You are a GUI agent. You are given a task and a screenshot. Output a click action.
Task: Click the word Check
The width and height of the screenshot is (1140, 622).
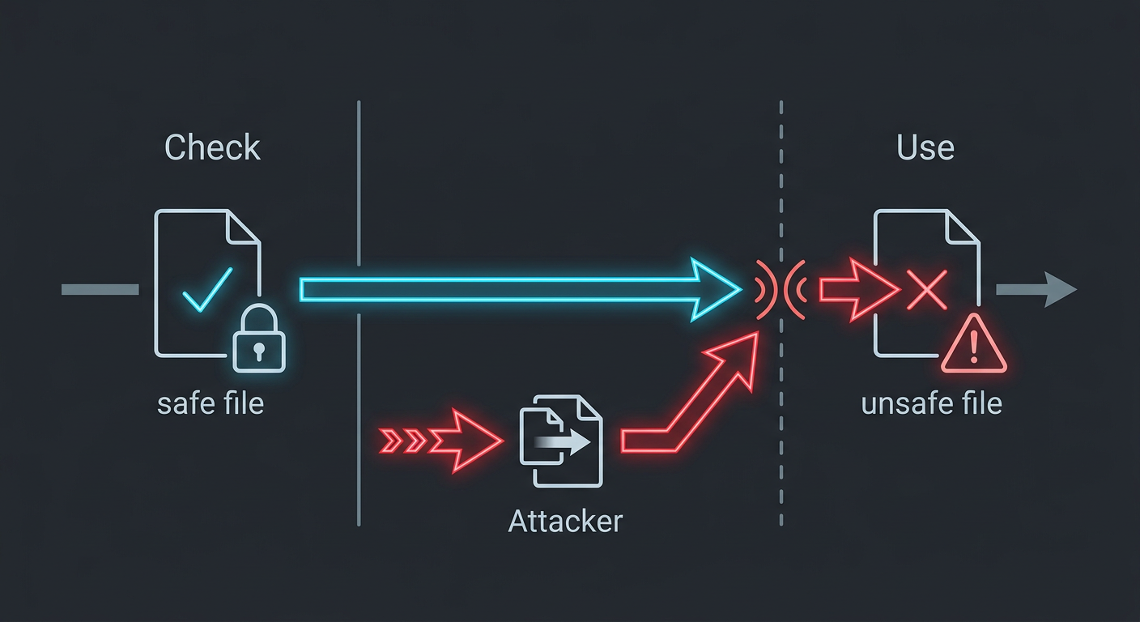tap(212, 147)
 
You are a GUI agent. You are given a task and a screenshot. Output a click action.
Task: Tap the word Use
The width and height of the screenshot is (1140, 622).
tap(925, 147)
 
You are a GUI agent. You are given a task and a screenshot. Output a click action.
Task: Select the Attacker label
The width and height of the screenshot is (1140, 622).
tap(565, 522)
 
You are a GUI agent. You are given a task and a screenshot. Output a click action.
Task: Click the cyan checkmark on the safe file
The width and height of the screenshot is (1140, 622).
tap(207, 289)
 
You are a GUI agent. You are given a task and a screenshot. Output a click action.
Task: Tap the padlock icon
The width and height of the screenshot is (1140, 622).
tap(259, 338)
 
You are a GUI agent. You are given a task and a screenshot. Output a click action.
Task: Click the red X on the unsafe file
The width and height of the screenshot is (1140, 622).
tap(927, 290)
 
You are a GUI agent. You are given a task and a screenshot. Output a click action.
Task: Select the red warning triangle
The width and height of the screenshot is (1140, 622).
tap(973, 344)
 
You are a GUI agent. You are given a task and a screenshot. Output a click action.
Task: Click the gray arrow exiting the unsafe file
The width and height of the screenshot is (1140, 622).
tap(1036, 290)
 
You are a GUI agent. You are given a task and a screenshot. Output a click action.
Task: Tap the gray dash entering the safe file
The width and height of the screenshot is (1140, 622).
tap(100, 290)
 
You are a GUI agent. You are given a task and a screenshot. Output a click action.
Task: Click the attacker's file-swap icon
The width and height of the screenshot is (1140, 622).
tap(561, 441)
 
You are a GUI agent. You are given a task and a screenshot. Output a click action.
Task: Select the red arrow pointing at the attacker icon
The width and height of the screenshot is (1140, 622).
tap(441, 441)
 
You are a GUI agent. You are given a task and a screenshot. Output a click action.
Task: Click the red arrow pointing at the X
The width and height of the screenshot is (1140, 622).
tap(860, 290)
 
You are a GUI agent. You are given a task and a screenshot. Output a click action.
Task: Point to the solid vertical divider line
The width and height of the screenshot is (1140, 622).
tap(359, 313)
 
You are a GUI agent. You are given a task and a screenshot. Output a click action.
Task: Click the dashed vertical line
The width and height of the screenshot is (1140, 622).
tap(781, 313)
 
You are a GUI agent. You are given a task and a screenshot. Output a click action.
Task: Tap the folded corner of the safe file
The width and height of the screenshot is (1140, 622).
tap(243, 228)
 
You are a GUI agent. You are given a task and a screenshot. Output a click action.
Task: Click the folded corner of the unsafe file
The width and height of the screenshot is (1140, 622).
tap(963, 228)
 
